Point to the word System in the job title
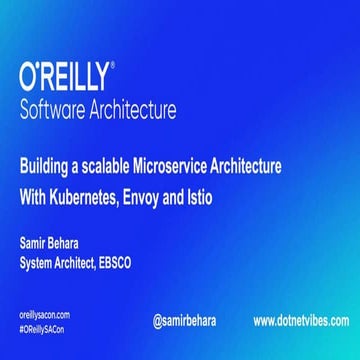point(41,263)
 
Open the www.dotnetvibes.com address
point(300,321)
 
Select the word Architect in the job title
point(92,263)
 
